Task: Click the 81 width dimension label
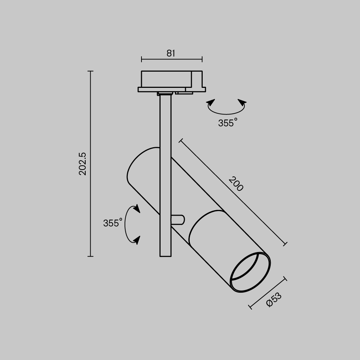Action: pos(171,53)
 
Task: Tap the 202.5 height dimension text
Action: pos(83,164)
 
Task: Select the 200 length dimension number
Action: pos(236,184)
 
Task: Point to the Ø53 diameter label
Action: pos(274,300)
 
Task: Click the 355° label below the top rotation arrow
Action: pos(228,123)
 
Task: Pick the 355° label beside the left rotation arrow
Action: pos(113,223)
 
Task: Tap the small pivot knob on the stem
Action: pos(178,220)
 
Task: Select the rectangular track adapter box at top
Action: pos(166,79)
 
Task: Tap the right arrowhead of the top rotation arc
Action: pos(242,103)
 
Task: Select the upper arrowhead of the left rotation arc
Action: pos(136,209)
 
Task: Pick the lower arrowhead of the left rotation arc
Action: pos(136,239)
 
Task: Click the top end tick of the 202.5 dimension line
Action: pos(90,71)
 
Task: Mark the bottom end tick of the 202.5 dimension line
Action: pos(90,256)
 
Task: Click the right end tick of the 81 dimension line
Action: pos(202,59)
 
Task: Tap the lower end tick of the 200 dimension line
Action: pos(285,244)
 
